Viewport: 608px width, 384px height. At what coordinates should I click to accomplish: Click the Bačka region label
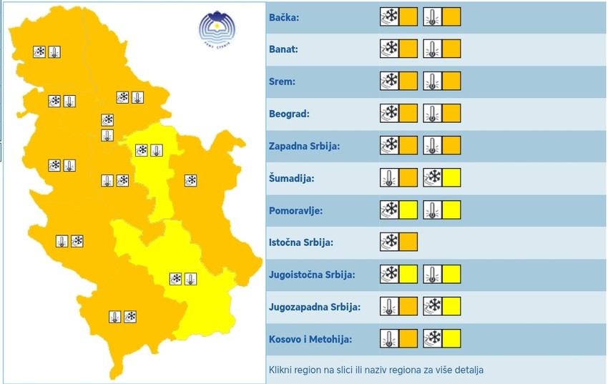pos(284,17)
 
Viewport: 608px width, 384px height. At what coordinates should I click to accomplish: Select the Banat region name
pos(284,49)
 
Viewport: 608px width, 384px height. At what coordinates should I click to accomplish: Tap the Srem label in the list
pos(282,82)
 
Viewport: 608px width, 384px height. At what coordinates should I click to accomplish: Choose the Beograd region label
pos(290,114)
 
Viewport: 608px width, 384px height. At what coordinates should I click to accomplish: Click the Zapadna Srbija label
pos(304,146)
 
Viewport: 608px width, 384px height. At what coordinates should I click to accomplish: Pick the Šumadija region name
pos(291,178)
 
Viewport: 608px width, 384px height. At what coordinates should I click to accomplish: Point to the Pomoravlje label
pos(296,210)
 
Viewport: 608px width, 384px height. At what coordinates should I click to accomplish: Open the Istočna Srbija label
pos(300,242)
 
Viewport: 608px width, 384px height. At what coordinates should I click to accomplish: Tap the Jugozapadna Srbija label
pos(314,307)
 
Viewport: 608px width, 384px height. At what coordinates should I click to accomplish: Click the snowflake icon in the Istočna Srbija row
pos(390,242)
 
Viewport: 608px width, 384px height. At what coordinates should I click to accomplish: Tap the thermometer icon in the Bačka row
pos(433,17)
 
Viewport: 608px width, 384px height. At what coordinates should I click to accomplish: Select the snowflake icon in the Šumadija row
pos(433,178)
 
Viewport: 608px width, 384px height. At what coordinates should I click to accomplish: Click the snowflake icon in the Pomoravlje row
pos(390,210)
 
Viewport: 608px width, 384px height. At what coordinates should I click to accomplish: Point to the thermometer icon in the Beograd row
pos(433,114)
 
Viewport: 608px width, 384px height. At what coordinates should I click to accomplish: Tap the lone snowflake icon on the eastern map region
pos(190,180)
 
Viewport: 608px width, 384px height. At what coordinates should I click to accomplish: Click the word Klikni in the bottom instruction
pos(283,370)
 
